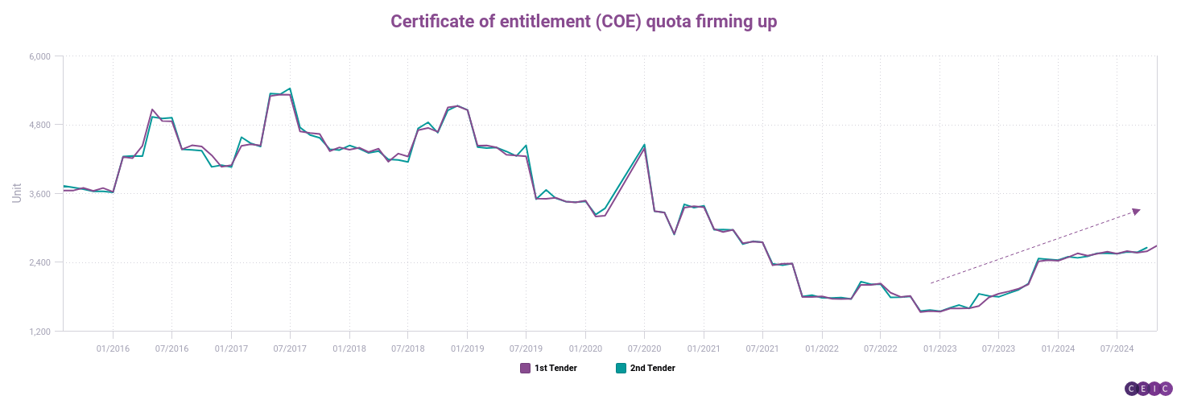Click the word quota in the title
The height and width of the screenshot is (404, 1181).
[674, 22]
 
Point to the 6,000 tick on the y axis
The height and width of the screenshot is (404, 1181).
[40, 56]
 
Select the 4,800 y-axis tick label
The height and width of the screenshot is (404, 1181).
[40, 125]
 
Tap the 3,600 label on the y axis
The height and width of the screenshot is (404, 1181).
[40, 194]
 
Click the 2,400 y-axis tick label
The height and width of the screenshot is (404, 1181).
[40, 262]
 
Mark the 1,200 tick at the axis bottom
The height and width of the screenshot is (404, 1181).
[40, 332]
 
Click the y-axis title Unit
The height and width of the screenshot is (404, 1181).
[17, 193]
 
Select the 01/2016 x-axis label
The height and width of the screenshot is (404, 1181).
[113, 348]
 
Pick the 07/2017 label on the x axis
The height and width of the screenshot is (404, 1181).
[290, 348]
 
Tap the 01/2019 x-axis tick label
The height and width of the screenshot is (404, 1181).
[467, 348]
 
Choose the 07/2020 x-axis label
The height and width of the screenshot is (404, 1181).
[644, 348]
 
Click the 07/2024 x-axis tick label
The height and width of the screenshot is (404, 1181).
[1117, 348]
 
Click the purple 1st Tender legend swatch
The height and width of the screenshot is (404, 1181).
[525, 369]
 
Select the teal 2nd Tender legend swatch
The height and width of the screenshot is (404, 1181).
[621, 369]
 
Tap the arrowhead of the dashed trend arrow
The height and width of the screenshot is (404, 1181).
[1136, 211]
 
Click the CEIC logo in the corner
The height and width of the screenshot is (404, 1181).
[1149, 388]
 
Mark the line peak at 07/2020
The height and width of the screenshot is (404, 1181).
[644, 146]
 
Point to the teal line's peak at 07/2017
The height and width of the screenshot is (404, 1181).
[290, 89]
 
